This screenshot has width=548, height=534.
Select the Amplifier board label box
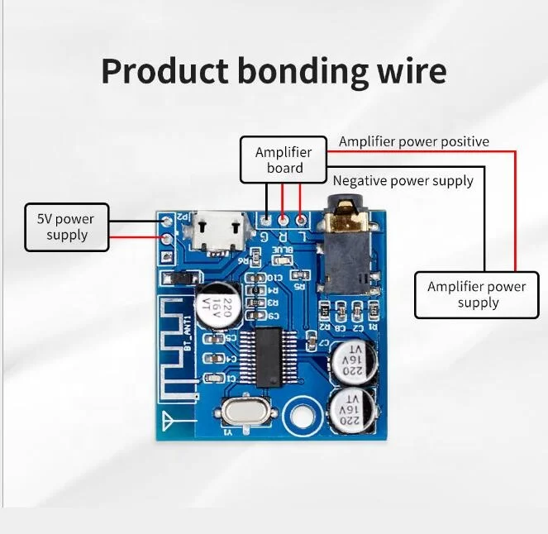284,160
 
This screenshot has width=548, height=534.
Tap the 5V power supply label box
66,227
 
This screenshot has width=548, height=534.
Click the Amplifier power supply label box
476,294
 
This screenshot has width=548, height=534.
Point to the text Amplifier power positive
413,141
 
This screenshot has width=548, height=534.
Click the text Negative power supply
403,180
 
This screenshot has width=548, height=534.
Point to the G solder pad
266,221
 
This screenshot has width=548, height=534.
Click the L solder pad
301,221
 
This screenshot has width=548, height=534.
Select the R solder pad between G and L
284,221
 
